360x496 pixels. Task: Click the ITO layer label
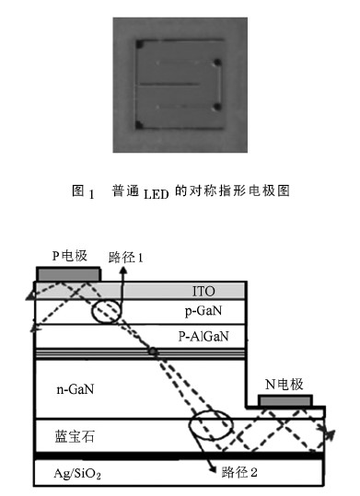[x=203, y=292]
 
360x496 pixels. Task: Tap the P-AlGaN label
[x=203, y=336]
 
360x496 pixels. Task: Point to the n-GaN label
[x=75, y=389]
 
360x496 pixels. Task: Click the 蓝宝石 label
[x=75, y=436]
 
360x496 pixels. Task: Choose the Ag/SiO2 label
[x=77, y=474]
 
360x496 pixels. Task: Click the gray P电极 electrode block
[x=68, y=274]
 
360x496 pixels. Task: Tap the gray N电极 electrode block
[x=285, y=400]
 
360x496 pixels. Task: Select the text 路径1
[x=126, y=258]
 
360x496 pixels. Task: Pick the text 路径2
[x=239, y=473]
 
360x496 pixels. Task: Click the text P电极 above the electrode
[x=70, y=256]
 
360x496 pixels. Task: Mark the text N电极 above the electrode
[x=285, y=385]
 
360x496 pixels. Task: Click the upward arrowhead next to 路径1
[x=122, y=271]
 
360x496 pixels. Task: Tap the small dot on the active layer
[x=153, y=352]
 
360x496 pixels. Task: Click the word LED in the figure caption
[x=157, y=194]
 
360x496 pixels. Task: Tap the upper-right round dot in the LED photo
[x=217, y=63]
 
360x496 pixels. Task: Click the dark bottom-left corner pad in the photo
[x=139, y=125]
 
